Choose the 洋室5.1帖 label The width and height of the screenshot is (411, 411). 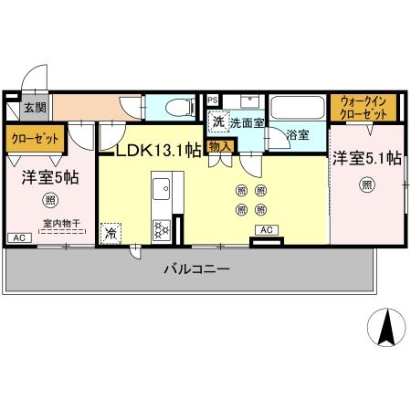click(x=366, y=158)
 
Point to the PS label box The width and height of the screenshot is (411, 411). click(x=212, y=99)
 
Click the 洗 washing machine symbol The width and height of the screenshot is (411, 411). click(x=218, y=120)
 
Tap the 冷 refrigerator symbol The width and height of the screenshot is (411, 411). click(x=111, y=232)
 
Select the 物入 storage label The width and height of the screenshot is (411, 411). click(x=220, y=145)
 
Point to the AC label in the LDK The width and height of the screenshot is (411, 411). click(x=267, y=229)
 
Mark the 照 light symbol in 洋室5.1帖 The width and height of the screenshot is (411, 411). click(x=365, y=185)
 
